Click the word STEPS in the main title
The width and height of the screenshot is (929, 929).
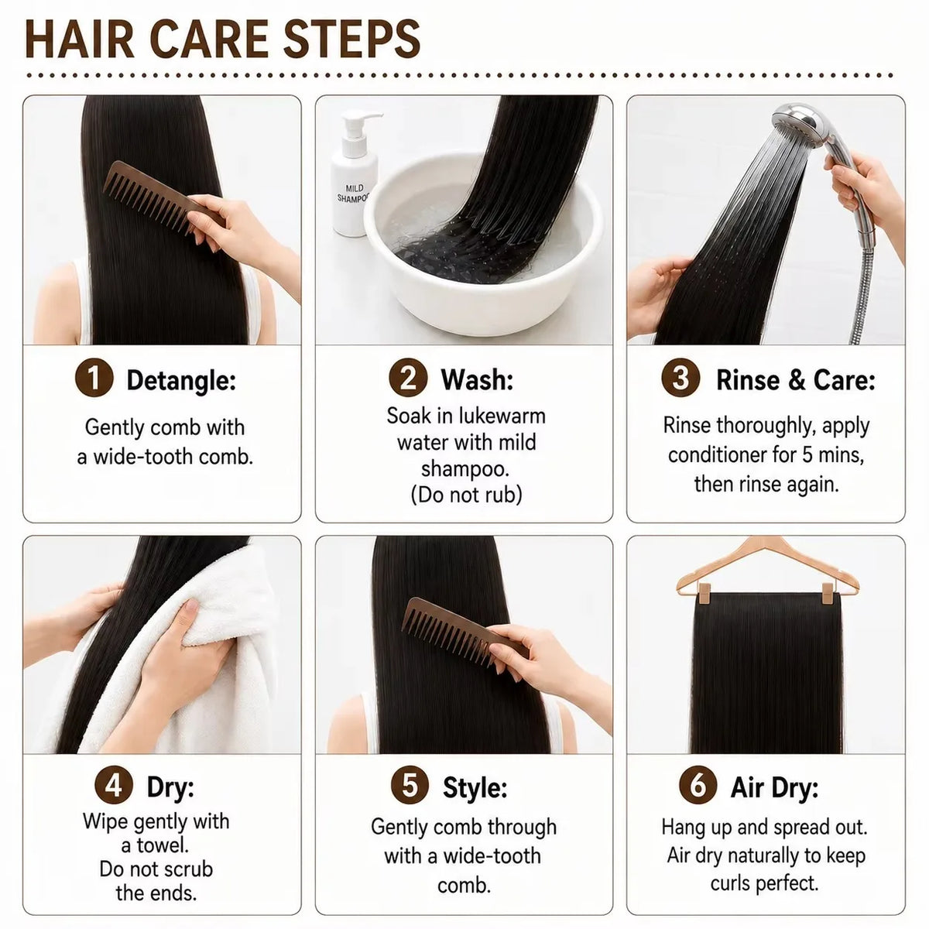[351, 39]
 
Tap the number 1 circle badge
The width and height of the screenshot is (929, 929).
[94, 378]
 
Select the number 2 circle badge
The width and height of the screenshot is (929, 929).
[408, 378]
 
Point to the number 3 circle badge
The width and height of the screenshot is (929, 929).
[680, 378]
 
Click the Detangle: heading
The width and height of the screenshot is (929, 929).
[181, 381]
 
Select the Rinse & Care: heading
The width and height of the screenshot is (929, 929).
[796, 380]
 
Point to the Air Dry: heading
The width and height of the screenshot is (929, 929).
[774, 788]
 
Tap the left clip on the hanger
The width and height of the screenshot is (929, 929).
[704, 595]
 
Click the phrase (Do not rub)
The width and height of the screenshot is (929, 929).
[466, 495]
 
